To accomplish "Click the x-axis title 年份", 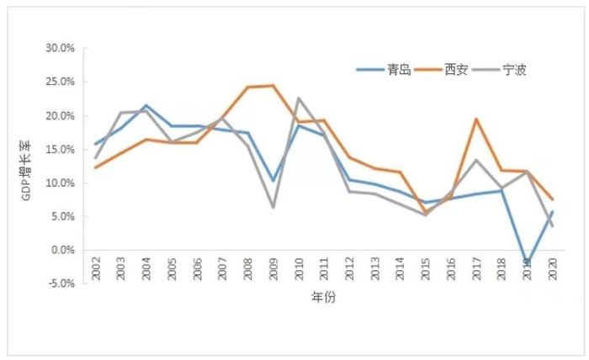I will click(323, 298).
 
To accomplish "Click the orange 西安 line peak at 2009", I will click(273, 85).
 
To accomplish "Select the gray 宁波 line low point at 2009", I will click(273, 208).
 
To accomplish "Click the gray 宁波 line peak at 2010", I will click(298, 98).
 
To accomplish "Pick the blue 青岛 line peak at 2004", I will click(146, 105).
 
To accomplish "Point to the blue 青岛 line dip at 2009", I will click(273, 181).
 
